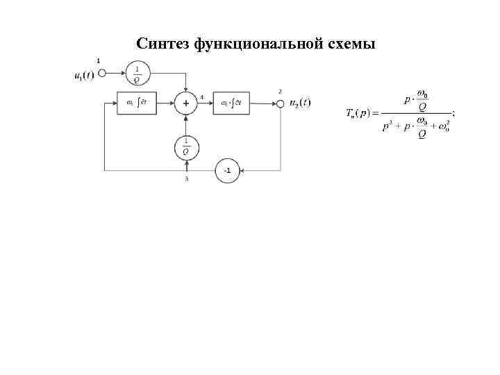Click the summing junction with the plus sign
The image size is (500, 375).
coord(185,103)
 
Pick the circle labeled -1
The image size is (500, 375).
coord(226,170)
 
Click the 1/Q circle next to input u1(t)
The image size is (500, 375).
coord(136,73)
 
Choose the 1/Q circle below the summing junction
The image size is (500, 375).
coord(185,147)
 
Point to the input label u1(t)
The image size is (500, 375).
coord(84,74)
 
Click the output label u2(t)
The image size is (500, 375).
coord(300,103)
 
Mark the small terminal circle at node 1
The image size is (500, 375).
coord(101,73)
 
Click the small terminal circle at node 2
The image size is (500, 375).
coord(281,103)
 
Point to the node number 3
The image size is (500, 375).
coord(186,179)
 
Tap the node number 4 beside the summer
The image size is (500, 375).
coord(201,97)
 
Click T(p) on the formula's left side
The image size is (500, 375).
coord(359,113)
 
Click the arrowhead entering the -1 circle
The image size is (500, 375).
coord(241,170)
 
